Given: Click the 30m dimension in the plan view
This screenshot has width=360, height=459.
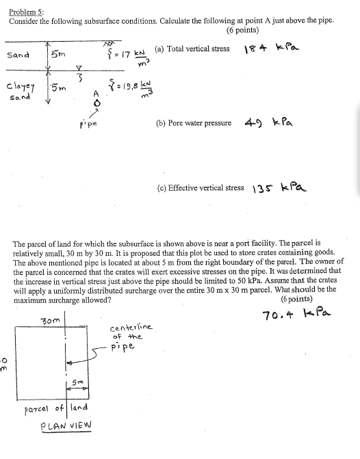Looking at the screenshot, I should click(x=51, y=320).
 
